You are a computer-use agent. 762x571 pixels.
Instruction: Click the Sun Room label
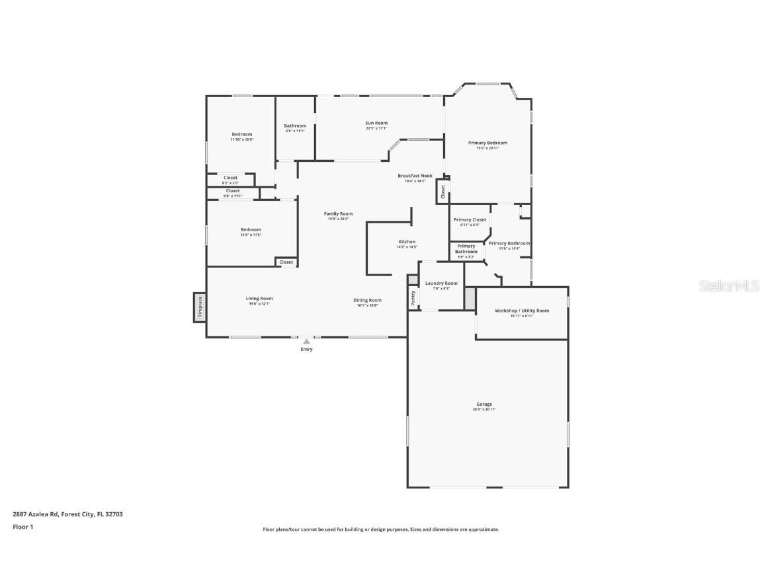pos(376,123)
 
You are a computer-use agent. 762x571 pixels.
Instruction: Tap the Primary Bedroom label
pos(487,143)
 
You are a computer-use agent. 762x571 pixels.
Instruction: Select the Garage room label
pos(484,404)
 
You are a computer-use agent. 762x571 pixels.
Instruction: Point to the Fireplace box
pos(200,307)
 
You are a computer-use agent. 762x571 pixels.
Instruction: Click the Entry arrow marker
pos(306,342)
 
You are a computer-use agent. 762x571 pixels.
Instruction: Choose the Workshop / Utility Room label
pos(521,311)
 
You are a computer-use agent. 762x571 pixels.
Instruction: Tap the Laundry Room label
pos(441,284)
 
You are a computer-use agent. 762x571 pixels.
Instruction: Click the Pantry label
pos(413,297)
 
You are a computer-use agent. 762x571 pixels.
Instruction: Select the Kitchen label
pos(407,242)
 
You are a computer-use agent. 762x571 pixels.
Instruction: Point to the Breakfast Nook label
pos(415,176)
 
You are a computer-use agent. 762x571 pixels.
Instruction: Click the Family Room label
pos(338,213)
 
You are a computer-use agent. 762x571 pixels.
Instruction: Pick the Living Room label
pos(259,299)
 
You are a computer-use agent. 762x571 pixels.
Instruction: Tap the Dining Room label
pos(367,300)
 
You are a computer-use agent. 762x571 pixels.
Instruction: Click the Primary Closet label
pos(470,219)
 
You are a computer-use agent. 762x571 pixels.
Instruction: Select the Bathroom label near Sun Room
pos(295,126)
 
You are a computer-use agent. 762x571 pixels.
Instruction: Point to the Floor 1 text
pos(22,527)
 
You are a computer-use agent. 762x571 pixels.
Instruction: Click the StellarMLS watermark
pos(730,285)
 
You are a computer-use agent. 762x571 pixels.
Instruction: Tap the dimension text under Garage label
pos(484,410)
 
